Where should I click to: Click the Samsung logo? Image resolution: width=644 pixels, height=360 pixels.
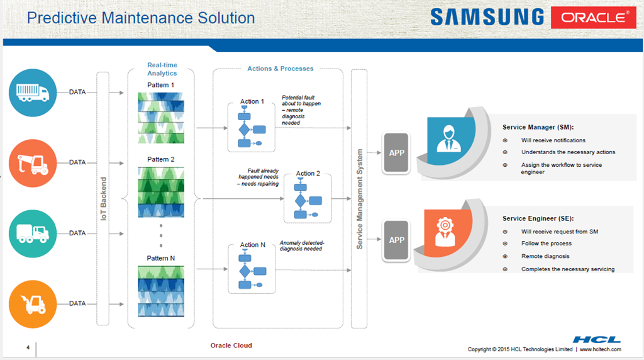[487, 16]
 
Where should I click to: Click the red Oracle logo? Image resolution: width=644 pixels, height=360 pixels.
[594, 18]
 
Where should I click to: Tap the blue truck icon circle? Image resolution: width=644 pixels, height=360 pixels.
[33, 93]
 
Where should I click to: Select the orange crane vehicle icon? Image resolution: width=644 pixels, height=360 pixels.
[33, 163]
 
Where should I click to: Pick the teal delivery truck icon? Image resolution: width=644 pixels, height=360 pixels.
[33, 233]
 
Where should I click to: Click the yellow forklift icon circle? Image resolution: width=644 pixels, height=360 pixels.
[33, 304]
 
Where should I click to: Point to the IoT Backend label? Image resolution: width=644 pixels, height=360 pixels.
[104, 198]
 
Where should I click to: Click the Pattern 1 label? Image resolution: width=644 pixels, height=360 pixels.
[161, 85]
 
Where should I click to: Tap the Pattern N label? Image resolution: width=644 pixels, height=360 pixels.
[161, 258]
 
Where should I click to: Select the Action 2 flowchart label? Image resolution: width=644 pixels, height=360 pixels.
[308, 174]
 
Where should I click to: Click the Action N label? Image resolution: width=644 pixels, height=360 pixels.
[253, 245]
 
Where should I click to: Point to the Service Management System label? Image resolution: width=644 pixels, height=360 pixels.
[360, 199]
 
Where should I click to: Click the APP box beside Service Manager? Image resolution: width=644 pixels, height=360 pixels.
[397, 153]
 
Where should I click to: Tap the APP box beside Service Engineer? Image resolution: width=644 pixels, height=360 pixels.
[397, 240]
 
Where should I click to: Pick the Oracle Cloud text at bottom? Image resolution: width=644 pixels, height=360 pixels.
[231, 346]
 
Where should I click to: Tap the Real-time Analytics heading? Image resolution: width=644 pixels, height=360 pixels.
[162, 69]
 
